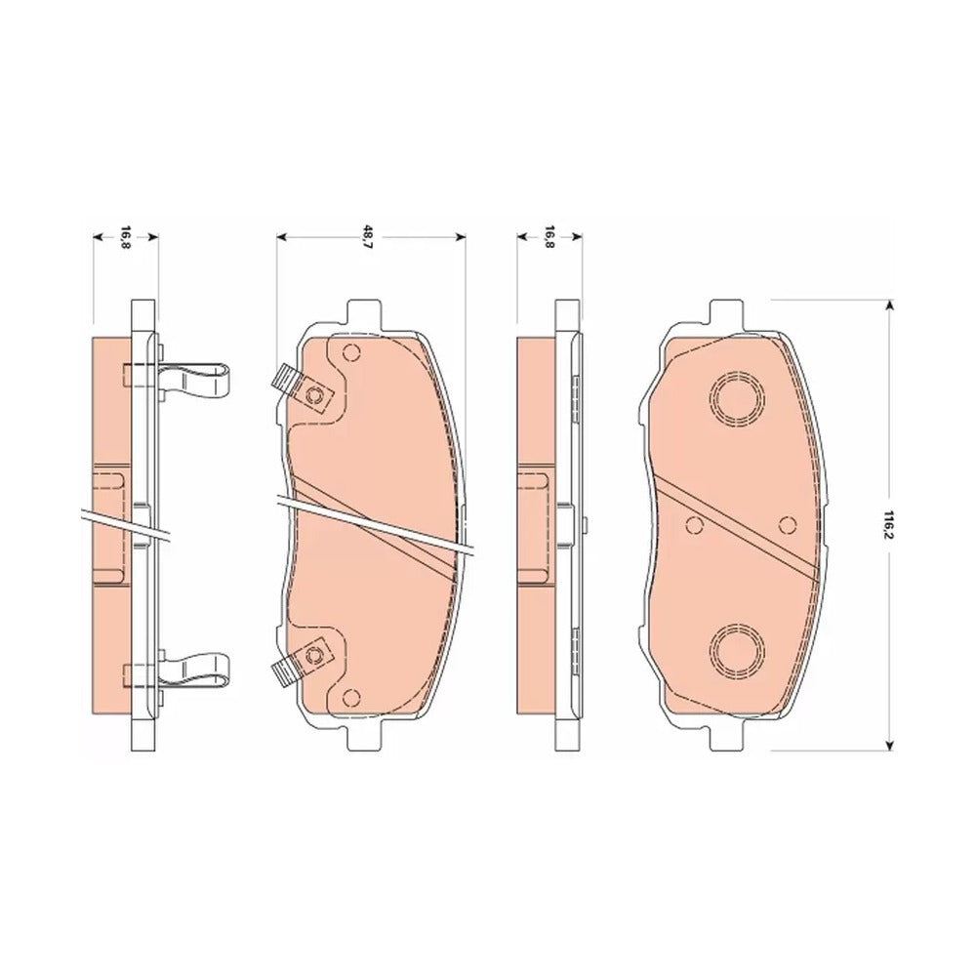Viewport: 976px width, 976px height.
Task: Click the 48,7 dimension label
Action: click(370, 237)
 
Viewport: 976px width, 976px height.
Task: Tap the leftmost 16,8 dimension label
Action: click(125, 237)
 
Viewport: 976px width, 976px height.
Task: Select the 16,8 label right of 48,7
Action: click(549, 237)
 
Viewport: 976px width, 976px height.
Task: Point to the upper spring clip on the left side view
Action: click(193, 379)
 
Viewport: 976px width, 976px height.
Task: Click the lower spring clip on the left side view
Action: click(193, 671)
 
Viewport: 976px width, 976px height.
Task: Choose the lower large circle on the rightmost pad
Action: click(737, 649)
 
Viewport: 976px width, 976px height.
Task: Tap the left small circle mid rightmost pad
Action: click(693, 525)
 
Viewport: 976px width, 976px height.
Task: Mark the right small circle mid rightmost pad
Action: click(788, 525)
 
